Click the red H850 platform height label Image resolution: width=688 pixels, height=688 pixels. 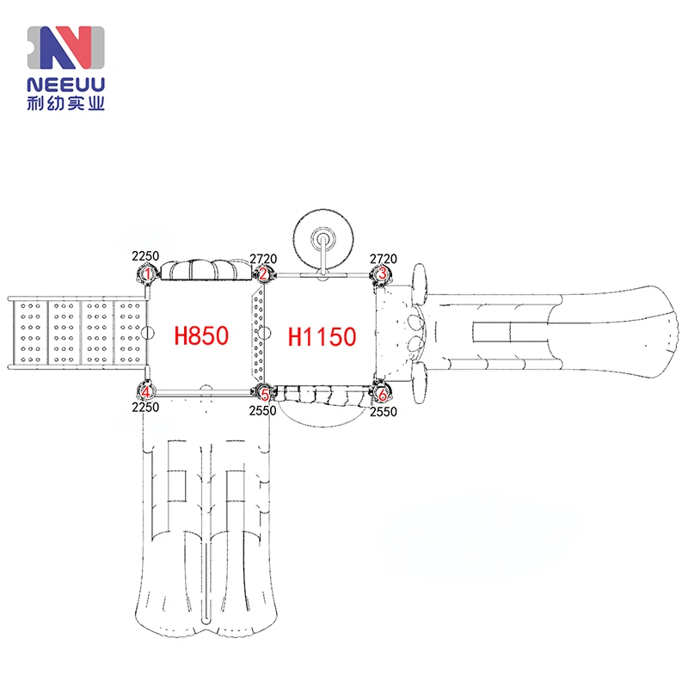201,335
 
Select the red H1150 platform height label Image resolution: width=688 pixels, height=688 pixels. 322,337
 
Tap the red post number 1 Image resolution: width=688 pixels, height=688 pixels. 148,274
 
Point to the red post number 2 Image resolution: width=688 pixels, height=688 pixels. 263,274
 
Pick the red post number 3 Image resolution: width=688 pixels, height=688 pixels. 382,273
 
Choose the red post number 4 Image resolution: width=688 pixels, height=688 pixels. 146,392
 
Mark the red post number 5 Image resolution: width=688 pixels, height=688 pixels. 265,395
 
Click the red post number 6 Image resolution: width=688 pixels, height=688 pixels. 383,395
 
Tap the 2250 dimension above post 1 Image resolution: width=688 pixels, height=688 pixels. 145,255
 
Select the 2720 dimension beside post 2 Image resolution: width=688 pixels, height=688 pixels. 263,259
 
